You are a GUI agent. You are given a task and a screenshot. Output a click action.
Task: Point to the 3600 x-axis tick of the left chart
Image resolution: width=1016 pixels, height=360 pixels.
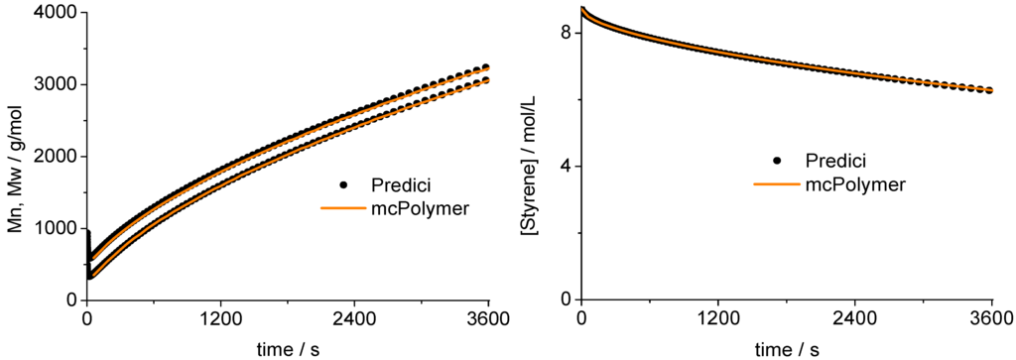tap(487, 319)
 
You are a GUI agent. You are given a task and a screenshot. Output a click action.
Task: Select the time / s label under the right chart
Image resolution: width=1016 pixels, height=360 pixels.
tap(786, 348)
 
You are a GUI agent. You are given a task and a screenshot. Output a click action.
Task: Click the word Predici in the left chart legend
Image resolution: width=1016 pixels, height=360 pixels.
tap(402, 185)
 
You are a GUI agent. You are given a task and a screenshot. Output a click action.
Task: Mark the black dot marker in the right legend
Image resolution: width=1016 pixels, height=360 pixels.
tap(778, 161)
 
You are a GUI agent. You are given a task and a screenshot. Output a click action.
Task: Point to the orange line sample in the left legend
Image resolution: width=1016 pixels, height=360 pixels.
tap(343, 208)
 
